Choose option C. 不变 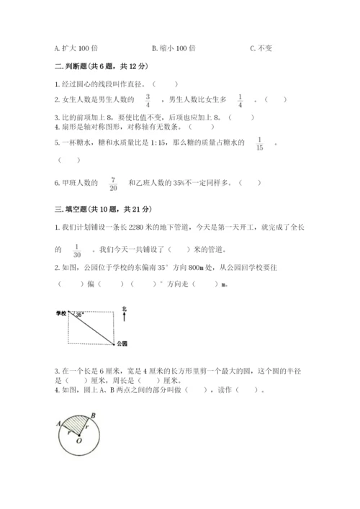pos(262,48)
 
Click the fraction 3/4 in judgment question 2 pos(147,99)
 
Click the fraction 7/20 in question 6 pos(113,183)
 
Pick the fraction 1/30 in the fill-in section pos(76,250)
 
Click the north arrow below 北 pos(124,317)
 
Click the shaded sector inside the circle pos(75,428)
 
